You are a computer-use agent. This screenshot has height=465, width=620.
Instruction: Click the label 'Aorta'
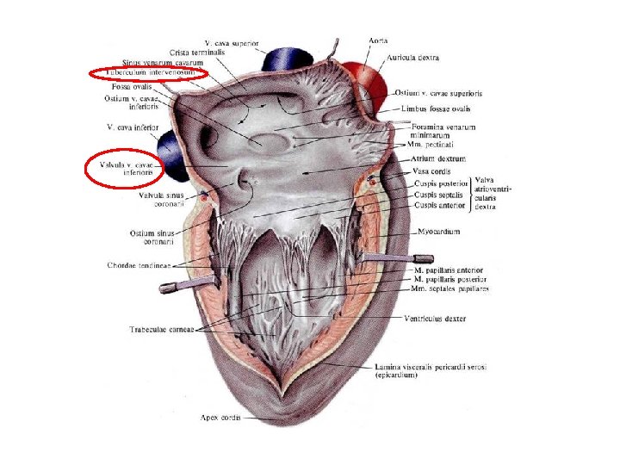pos(377,40)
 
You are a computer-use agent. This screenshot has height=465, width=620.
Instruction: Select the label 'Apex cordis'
pos(220,418)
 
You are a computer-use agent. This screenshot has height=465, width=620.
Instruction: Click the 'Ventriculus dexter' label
pos(435,318)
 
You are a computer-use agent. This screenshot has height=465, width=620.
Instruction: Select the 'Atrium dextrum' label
pos(439,158)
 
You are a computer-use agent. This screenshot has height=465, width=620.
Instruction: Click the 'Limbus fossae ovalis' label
pos(436,109)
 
